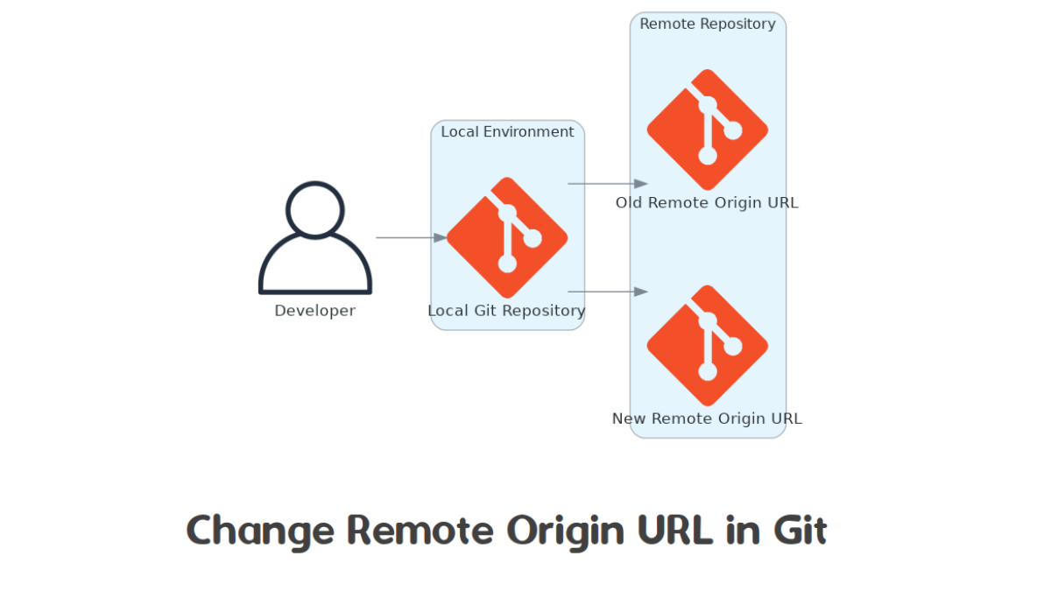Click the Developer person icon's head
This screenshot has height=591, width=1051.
coord(315,209)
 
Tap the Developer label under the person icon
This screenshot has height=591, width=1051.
coord(315,311)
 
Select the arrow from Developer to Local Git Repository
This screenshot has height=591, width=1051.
coord(411,237)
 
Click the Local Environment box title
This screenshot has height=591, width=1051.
coord(507,132)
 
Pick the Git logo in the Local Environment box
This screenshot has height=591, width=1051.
coord(507,237)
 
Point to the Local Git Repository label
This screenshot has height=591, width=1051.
coord(506,311)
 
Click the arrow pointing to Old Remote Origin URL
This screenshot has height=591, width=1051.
coord(607,184)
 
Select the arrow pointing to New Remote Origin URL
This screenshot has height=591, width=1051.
coord(607,292)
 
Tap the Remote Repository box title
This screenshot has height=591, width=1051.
coord(708,25)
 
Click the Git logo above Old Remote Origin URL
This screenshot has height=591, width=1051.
coord(708,130)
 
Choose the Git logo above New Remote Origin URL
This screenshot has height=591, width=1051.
coord(708,345)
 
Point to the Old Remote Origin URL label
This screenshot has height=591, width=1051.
coord(707,203)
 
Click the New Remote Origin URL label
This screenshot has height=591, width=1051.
coord(707,419)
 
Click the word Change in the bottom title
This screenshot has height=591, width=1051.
coord(260,531)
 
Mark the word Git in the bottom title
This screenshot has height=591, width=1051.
coord(799,531)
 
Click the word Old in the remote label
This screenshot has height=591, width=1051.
coord(630,203)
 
